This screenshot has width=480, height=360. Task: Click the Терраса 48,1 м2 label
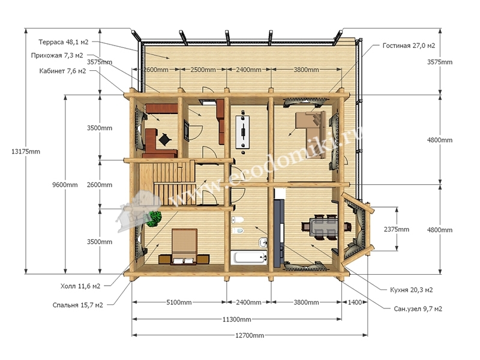pos(64,42)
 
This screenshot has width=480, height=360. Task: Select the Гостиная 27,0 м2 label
pos(409,46)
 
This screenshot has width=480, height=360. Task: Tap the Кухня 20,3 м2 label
pos(412,290)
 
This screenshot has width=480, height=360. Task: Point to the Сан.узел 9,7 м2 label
pos(418,309)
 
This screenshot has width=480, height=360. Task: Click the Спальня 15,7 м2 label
pos(78,305)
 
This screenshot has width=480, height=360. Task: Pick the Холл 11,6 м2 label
pos(80,286)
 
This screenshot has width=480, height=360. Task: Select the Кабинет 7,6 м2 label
pos(62,71)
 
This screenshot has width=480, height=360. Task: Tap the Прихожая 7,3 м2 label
pos(57,55)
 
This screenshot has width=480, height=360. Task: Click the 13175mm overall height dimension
pos(26,152)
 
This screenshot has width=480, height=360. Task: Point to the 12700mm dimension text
pos(250,335)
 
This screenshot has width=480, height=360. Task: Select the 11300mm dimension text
pos(236,320)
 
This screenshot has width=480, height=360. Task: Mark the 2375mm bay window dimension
pos(397,229)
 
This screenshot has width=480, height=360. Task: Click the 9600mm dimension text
pos(65,185)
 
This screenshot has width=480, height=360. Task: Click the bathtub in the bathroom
pos(249,257)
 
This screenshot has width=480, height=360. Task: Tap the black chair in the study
pos(165,140)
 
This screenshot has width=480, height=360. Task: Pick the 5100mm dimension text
pos(179,302)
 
